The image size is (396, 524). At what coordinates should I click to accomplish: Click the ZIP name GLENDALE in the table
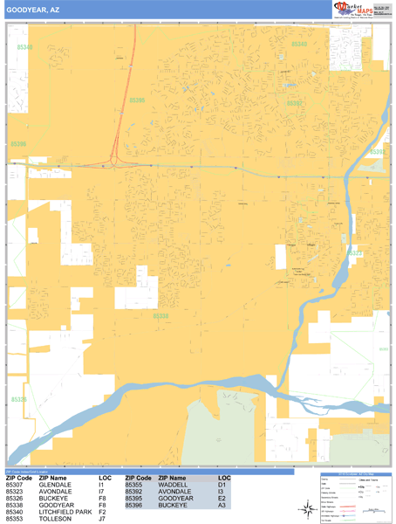pos(56,485)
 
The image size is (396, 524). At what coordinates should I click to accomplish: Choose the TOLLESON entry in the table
pos(57,519)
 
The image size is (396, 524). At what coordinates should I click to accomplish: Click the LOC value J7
pos(102,519)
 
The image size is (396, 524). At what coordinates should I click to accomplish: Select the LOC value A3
pos(222,505)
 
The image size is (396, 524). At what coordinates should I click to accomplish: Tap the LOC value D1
pos(222,485)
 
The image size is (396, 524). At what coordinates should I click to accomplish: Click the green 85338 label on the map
pos(160,315)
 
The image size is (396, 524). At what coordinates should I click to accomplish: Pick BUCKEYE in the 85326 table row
pos(54,499)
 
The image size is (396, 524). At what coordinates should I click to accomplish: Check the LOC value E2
pos(222,499)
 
